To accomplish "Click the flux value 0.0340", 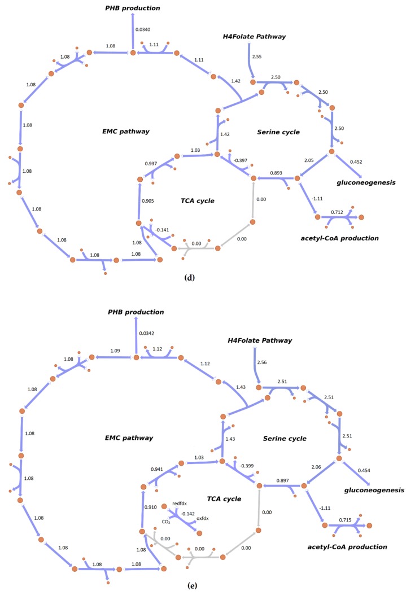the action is click(x=144, y=29).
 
